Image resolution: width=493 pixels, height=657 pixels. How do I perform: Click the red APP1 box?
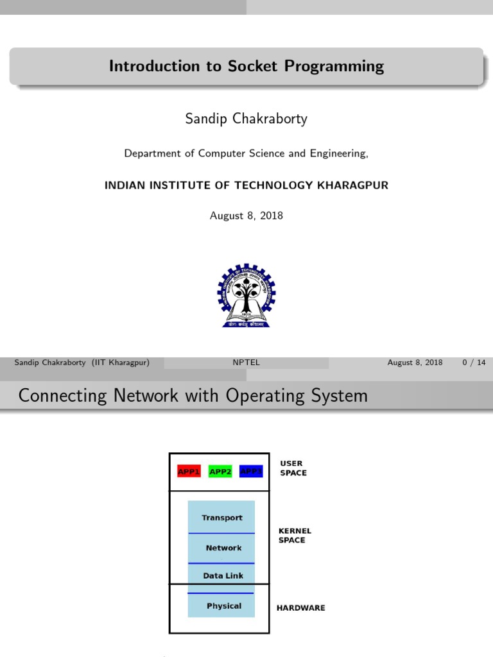[x=189, y=472]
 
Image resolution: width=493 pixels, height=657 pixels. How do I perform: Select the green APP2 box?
[x=220, y=472]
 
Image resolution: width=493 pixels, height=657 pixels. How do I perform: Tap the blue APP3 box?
[x=251, y=472]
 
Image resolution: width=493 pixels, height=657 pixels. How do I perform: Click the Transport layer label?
[x=222, y=518]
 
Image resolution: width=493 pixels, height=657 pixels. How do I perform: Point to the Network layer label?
[x=223, y=548]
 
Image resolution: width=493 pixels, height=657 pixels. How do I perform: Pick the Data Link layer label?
[x=223, y=576]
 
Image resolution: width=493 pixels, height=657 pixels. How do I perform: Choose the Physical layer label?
[x=224, y=606]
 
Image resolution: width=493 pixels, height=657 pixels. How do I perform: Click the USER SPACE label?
[x=293, y=468]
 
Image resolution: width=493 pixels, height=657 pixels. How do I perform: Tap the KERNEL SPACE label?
[x=295, y=535]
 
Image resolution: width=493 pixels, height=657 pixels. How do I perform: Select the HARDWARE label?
[x=300, y=608]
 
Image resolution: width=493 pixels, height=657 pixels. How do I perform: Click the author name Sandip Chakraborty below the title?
[x=246, y=119]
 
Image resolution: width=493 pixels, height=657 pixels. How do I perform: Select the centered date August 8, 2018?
[x=246, y=216]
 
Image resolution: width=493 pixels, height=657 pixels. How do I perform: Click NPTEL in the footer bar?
[x=246, y=363]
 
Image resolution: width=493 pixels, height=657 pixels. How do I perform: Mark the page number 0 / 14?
[x=474, y=363]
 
